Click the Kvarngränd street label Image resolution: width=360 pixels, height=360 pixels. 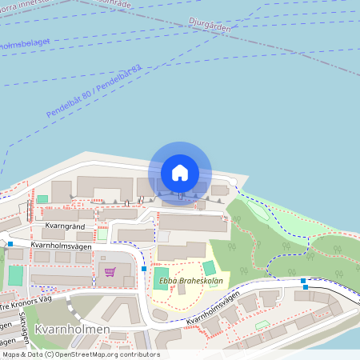(66, 226)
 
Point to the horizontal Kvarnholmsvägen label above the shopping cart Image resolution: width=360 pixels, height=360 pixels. (62, 246)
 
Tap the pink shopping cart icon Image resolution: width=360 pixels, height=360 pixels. (110, 271)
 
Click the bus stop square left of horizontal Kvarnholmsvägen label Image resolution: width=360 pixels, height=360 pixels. (10, 243)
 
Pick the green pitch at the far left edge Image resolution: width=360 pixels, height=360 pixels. (16, 277)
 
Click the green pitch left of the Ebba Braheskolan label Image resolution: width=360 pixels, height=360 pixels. (155, 280)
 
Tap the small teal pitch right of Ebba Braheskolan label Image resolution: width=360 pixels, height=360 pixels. (209, 268)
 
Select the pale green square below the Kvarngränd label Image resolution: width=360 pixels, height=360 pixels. (102, 235)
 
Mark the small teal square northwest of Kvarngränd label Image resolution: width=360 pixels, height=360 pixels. (42, 198)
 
